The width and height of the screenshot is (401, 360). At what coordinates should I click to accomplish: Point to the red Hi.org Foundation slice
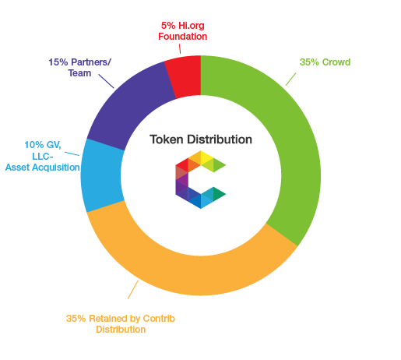(x=185, y=76)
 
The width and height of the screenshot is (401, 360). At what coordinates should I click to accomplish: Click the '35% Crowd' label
(x=325, y=62)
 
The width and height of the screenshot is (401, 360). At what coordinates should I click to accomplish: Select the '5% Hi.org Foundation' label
(x=183, y=31)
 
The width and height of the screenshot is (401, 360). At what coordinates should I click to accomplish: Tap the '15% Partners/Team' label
(x=79, y=68)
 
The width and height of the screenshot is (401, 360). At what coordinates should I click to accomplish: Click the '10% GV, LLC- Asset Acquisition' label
(x=43, y=156)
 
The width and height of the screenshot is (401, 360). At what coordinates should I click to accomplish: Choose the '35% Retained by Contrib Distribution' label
(x=121, y=324)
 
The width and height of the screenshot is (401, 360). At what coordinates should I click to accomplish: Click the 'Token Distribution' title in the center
(x=201, y=139)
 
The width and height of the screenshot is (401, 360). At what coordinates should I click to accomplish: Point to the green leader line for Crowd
(x=291, y=79)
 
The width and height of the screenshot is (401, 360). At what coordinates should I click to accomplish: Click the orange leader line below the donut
(x=133, y=289)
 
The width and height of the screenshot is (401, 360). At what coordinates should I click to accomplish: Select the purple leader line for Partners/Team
(x=106, y=81)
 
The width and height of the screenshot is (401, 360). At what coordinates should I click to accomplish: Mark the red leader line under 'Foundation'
(x=180, y=49)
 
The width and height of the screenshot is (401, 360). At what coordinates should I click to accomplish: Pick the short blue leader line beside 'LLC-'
(x=72, y=154)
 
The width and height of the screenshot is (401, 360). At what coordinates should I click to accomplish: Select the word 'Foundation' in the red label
(x=183, y=37)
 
